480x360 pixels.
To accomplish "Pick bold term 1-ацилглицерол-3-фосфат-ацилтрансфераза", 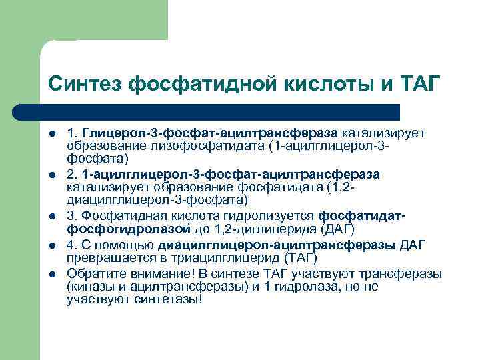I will (231, 174).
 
